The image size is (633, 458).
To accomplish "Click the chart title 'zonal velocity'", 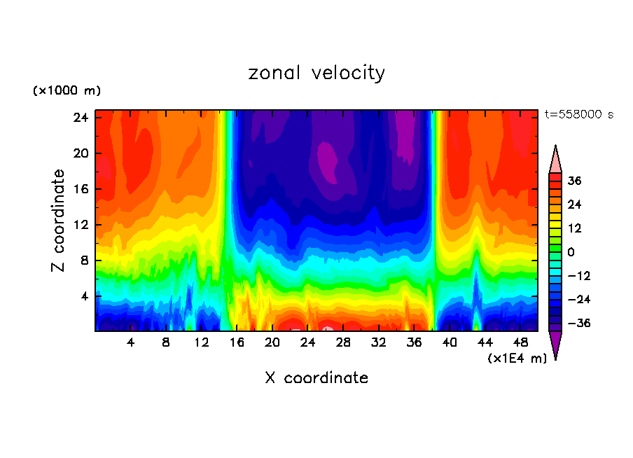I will tap(316, 73).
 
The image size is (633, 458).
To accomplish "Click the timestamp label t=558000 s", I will tap(579, 114).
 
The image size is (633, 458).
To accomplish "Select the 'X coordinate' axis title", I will tap(316, 378).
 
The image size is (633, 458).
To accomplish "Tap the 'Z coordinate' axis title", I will tap(59, 221).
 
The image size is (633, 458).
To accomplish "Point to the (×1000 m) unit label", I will tap(67, 91).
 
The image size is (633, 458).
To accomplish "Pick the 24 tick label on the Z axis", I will tap(80, 118).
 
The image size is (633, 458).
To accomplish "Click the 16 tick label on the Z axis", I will tap(80, 189).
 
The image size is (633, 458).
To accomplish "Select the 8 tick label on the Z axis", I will tap(83, 261).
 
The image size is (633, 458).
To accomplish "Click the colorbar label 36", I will tap(574, 181).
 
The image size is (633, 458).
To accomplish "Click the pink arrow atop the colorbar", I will tap(555, 160).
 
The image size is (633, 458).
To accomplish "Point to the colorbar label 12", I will tap(574, 228).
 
